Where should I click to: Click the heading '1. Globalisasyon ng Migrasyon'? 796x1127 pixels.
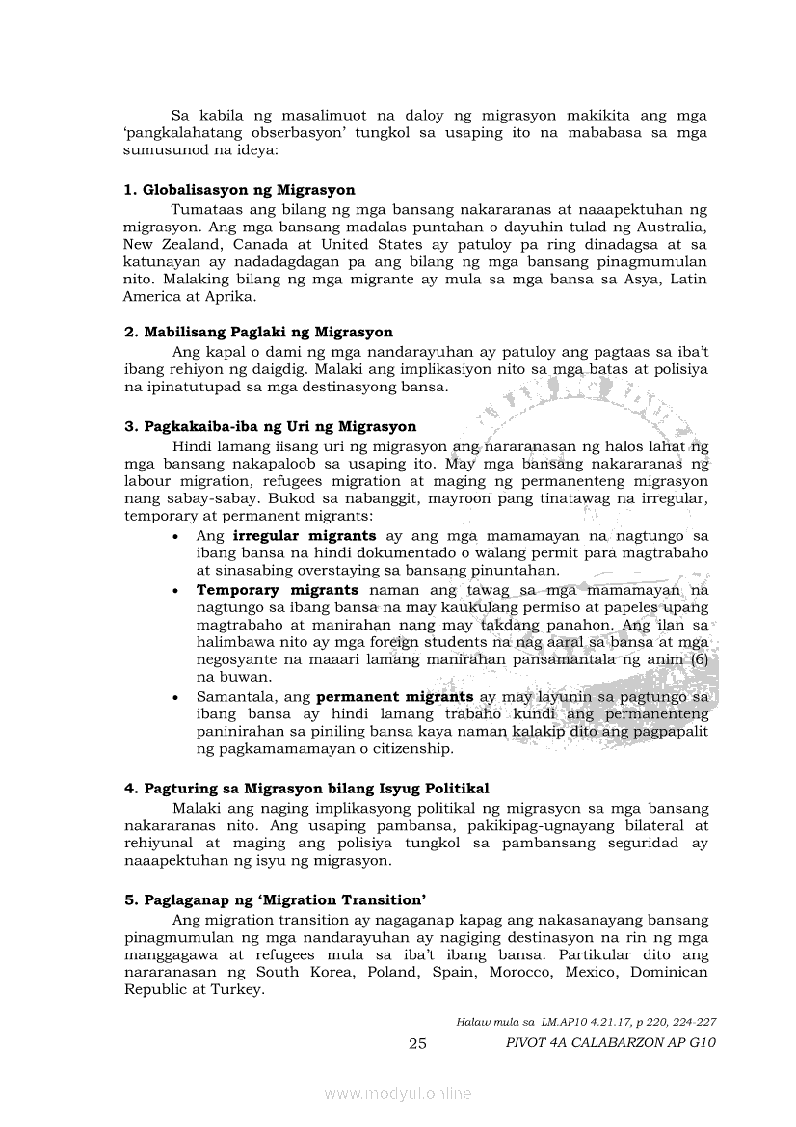[x=239, y=190]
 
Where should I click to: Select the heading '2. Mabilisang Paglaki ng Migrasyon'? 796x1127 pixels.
[x=258, y=333]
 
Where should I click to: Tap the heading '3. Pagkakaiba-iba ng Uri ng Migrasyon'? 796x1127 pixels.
[x=270, y=426]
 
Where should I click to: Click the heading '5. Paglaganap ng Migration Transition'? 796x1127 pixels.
[x=276, y=899]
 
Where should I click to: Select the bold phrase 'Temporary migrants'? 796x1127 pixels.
[x=278, y=589]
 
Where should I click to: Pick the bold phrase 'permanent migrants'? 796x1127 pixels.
[x=395, y=696]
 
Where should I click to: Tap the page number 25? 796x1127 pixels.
[x=417, y=1043]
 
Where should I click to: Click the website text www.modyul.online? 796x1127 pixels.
[x=398, y=1093]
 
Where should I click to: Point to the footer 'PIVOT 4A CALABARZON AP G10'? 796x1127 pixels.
[x=611, y=1042]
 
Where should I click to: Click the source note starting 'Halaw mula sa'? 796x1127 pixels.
[x=586, y=1021]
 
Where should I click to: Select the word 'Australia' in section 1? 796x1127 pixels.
[x=670, y=227]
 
